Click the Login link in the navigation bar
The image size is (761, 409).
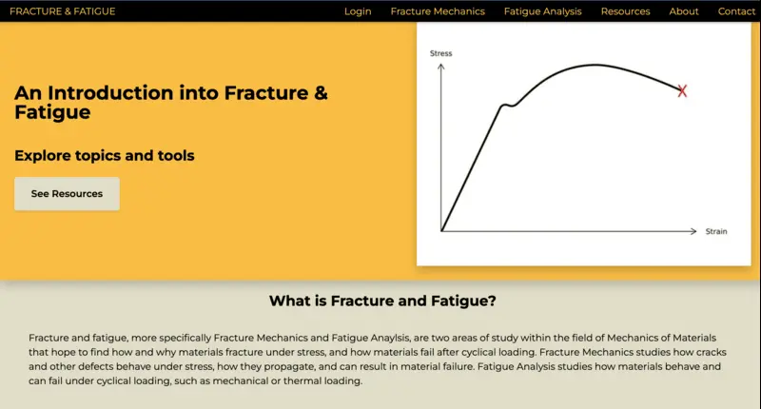358,11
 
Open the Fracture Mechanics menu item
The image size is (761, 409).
438,11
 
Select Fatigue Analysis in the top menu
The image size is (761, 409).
542,11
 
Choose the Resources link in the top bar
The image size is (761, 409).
625,11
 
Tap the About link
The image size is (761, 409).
684,11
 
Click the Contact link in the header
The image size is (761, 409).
736,11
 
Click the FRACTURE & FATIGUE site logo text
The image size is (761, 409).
62,11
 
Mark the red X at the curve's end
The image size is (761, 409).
682,90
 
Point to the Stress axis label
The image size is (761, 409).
441,53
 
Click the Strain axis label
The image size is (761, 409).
715,231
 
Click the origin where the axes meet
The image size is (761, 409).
441,231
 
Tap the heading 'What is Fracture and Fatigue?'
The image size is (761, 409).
382,302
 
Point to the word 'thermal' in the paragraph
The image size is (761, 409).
306,380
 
